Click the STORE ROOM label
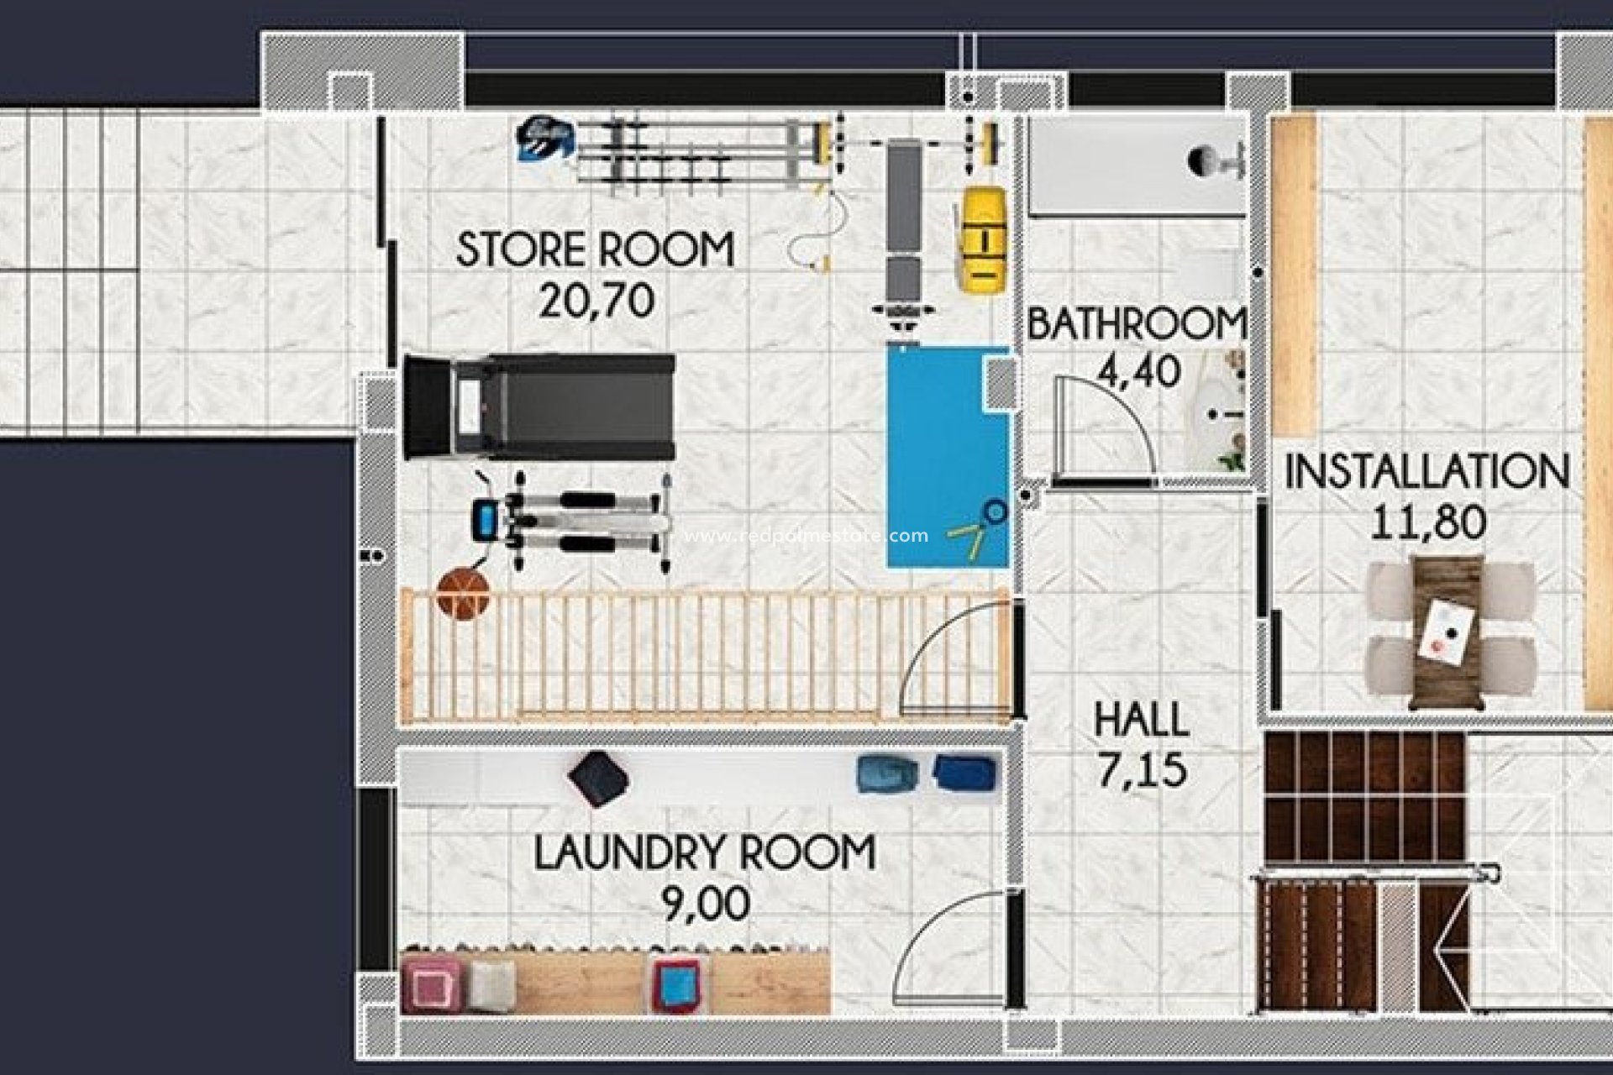(595, 250)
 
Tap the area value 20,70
(596, 300)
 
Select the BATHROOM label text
(1136, 324)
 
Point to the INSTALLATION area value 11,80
(1427, 522)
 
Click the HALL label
(1141, 720)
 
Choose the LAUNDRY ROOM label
(704, 852)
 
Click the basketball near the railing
(462, 593)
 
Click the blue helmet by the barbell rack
(544, 139)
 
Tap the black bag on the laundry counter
(598, 778)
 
